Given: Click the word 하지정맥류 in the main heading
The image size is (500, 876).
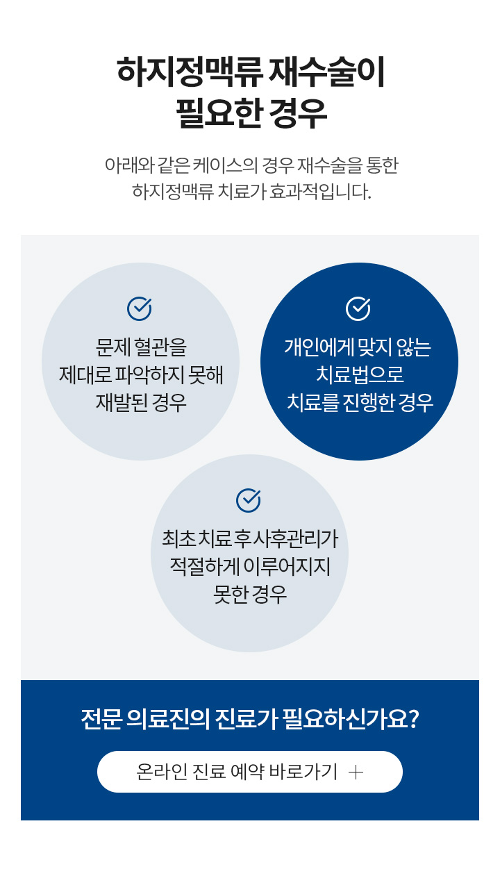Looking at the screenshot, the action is coord(189,72).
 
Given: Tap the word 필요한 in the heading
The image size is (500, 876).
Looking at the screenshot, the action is coord(218,113).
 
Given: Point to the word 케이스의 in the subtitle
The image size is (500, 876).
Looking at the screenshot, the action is coord(225,166).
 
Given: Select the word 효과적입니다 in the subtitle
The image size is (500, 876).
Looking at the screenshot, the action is coord(320,192).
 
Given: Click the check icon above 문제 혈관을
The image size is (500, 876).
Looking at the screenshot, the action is coord(140,308).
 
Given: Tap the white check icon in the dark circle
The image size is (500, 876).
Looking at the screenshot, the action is coord(358,308).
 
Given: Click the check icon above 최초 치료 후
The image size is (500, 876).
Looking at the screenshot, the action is coord(249,500).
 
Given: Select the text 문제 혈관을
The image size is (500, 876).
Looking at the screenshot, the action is coord(141,347).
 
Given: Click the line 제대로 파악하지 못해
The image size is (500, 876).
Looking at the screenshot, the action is coord(141,375).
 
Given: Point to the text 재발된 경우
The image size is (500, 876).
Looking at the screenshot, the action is coord(141,403).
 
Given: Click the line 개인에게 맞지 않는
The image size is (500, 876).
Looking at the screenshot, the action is coord(358,347).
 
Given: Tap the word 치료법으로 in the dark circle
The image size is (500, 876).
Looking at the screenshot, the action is coord(360,374).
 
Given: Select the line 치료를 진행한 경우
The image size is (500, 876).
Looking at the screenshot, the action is coord(360,403).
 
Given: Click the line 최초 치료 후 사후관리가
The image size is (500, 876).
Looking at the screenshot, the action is coord(250,538).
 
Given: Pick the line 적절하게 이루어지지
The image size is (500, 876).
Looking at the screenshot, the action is coord(250,566).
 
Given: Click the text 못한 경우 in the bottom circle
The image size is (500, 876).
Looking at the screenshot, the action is coord(250,595).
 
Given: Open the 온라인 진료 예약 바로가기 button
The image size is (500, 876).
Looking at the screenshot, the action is coord(250,772).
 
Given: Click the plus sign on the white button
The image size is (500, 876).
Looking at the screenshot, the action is coord(356,772).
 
